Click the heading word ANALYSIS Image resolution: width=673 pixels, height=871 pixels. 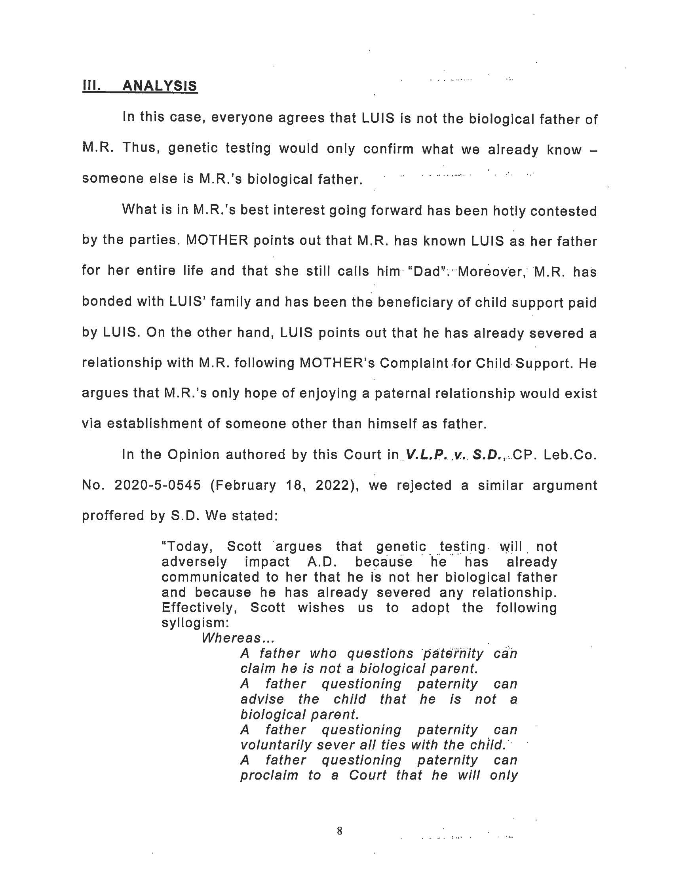pos(160,86)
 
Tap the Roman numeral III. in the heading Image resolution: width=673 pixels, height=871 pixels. pos(91,86)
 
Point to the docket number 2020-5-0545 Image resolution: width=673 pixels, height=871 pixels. pos(158,485)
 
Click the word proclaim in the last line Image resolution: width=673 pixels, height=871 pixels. pos(269,775)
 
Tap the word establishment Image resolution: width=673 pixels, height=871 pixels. pos(154,424)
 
